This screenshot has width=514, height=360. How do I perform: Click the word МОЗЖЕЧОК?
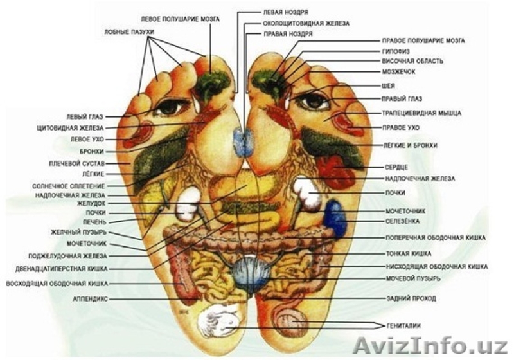point(400,73)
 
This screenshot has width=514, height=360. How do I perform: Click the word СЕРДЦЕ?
point(397,166)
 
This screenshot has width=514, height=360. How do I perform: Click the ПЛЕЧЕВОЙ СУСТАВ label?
point(77,163)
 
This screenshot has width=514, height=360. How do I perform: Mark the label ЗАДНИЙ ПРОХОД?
point(411,299)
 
